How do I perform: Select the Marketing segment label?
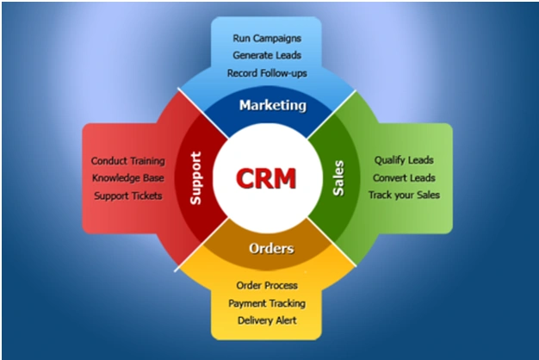pyautogui.click(x=272, y=106)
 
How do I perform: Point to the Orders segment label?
pyautogui.click(x=271, y=249)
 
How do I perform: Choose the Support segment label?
pyautogui.click(x=196, y=179)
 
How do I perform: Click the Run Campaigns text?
pyautogui.click(x=267, y=39)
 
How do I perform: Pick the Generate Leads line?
pyautogui.click(x=267, y=56)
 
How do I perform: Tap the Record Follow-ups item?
pyautogui.click(x=267, y=73)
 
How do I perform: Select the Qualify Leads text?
pyautogui.click(x=404, y=160)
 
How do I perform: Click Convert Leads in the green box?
pyautogui.click(x=404, y=177)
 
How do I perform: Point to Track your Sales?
pyautogui.click(x=405, y=195)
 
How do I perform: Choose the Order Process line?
pyautogui.click(x=267, y=285)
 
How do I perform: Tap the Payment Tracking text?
pyautogui.click(x=267, y=303)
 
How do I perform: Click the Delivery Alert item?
pyautogui.click(x=267, y=320)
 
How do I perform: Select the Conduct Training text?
pyautogui.click(x=127, y=161)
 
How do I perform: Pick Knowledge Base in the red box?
pyautogui.click(x=127, y=178)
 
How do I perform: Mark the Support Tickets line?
pyautogui.click(x=127, y=196)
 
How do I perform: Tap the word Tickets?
pyautogui.click(x=147, y=196)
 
